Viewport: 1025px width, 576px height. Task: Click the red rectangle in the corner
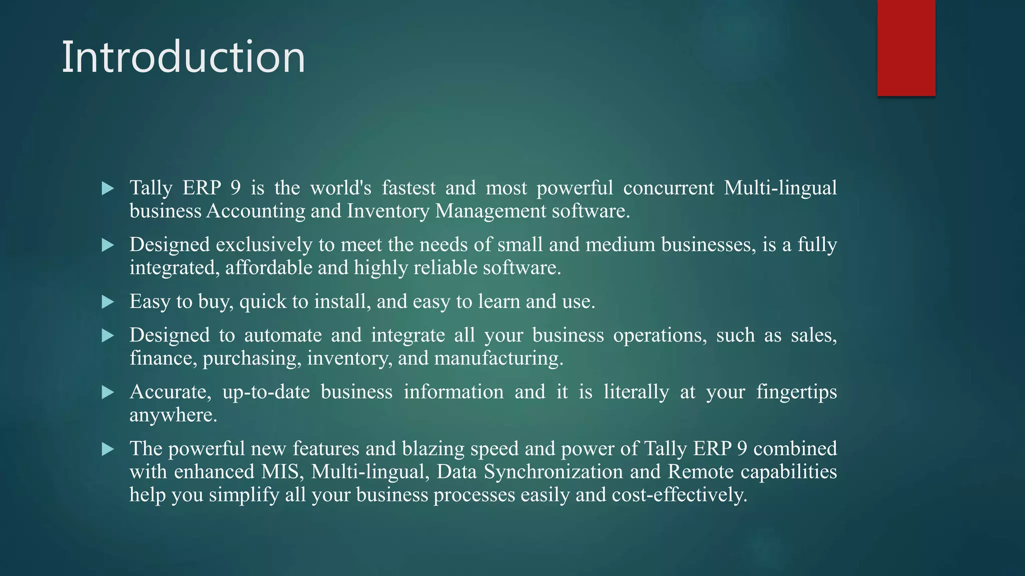pos(906,47)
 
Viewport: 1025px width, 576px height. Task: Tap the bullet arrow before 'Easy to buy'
pos(108,302)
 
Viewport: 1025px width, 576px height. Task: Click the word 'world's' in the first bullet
pos(340,188)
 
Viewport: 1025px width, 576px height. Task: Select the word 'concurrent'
pos(668,188)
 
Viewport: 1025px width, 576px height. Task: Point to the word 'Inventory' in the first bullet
pos(388,211)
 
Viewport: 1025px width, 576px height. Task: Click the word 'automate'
pos(283,335)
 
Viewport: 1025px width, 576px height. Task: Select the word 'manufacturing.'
pos(498,358)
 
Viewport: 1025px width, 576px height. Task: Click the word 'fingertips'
pos(796,392)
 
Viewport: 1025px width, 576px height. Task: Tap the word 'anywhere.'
pos(173,415)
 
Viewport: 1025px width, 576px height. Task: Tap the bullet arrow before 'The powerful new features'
pos(108,449)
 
